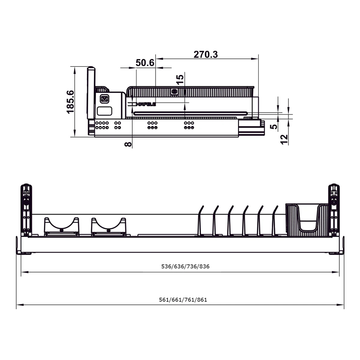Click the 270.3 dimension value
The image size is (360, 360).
[206, 54]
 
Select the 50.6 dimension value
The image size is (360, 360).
[145, 63]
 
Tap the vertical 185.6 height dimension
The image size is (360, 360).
[70, 102]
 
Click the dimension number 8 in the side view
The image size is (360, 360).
[128, 144]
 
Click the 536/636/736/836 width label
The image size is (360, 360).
[185, 266]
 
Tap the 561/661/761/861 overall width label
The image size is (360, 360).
[183, 300]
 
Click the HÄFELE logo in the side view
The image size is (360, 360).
[145, 104]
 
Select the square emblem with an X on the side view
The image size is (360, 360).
[104, 99]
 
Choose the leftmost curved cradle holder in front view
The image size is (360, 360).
[61, 226]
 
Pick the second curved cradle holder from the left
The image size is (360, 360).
[108, 226]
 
